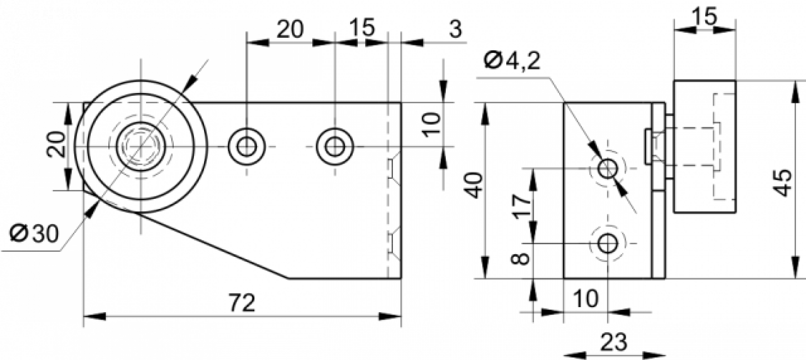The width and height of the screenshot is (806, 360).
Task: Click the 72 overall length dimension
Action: pos(242,303)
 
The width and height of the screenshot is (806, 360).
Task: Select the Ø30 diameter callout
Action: pos(34,234)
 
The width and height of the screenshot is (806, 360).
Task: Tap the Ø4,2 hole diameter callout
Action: pos(512,61)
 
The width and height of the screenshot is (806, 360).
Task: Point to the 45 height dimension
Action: pos(783,183)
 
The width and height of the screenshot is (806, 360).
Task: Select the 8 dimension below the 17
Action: pos(520,258)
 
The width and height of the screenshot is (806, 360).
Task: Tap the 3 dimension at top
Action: pos(455,29)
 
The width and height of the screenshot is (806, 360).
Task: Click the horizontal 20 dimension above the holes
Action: pos(290,29)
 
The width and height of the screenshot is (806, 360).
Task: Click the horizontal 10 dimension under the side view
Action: pos(586,298)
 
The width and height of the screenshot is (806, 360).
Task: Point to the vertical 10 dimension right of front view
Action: pos(431,124)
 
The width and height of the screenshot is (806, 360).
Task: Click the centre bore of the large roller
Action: pos(141,147)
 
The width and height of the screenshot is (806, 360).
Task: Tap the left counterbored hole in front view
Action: pos(246,147)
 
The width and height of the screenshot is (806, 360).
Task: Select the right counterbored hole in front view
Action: pos(335,147)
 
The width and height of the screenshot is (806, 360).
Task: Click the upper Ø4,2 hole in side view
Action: pos(608,168)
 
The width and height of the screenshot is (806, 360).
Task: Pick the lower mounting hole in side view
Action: pos(608,244)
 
